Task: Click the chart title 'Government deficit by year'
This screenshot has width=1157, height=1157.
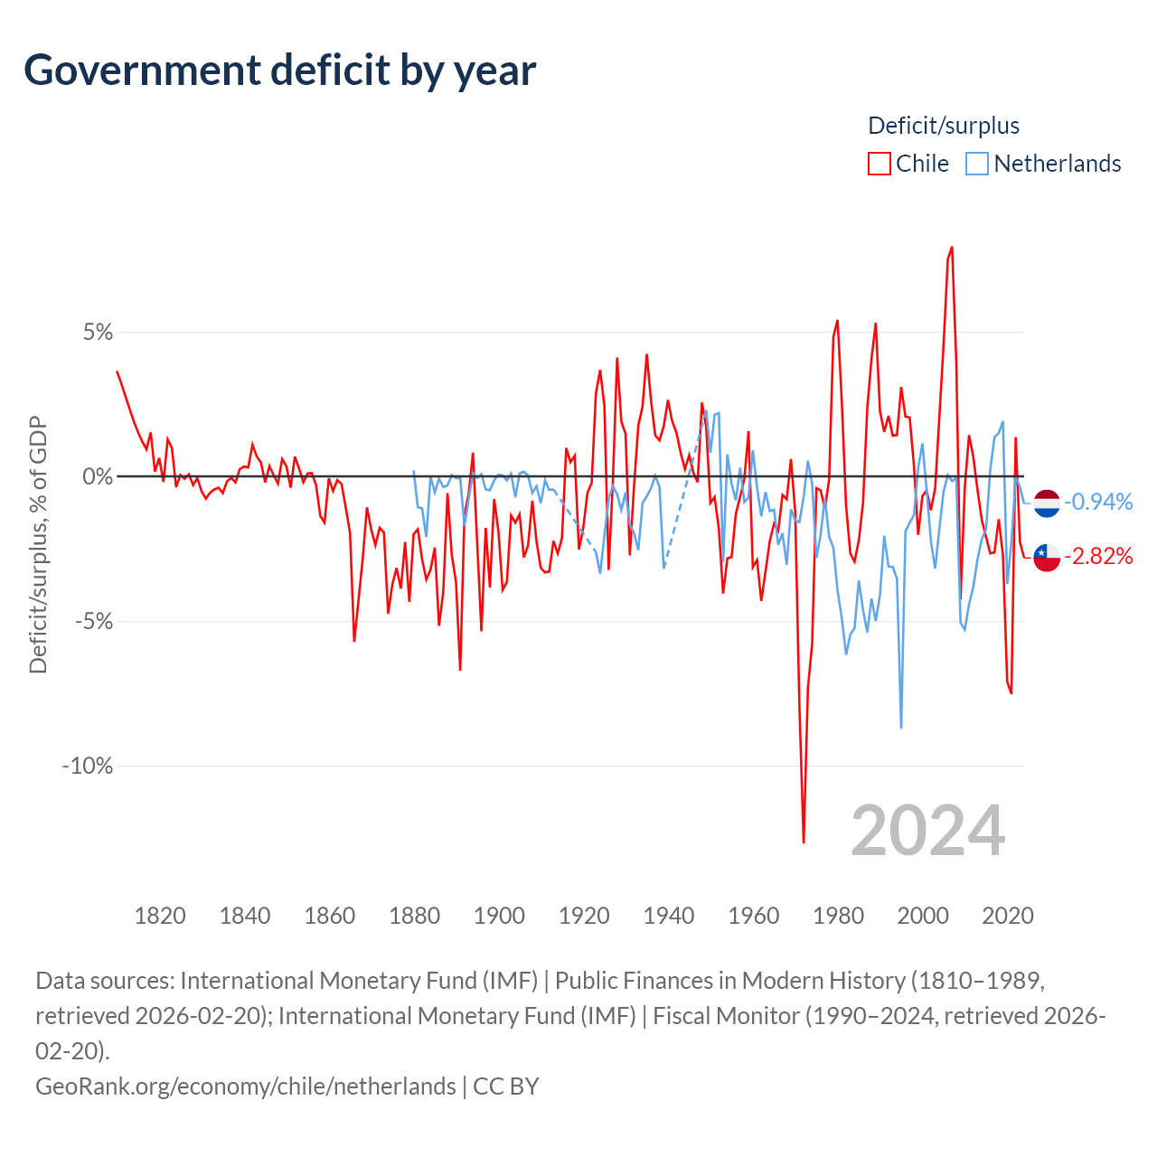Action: (280, 71)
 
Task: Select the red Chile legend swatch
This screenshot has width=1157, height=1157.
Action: (879, 164)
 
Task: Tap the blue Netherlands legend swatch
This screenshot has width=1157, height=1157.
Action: (976, 164)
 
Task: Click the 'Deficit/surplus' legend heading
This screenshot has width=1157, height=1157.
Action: (943, 126)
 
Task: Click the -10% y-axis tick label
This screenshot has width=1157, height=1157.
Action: (87, 767)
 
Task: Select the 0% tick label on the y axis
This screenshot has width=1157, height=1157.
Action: (98, 477)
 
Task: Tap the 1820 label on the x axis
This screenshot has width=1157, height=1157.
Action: (160, 916)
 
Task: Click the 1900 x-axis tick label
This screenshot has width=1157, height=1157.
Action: (499, 916)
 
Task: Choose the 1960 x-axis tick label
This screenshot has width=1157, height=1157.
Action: (754, 916)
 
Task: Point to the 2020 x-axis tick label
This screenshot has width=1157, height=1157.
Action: (1008, 916)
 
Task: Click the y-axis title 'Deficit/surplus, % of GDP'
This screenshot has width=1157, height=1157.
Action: (38, 544)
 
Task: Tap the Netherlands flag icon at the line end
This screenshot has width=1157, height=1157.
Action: (1047, 503)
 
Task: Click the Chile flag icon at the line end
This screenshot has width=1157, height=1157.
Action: (1047, 557)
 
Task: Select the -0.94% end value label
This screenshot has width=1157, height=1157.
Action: (1098, 502)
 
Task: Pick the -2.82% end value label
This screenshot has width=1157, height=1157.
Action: (1098, 556)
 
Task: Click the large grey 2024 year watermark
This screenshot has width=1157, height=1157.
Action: (927, 831)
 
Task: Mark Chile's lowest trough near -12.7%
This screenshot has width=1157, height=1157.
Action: (804, 842)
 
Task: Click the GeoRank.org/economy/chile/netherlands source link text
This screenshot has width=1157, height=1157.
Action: (245, 1086)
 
